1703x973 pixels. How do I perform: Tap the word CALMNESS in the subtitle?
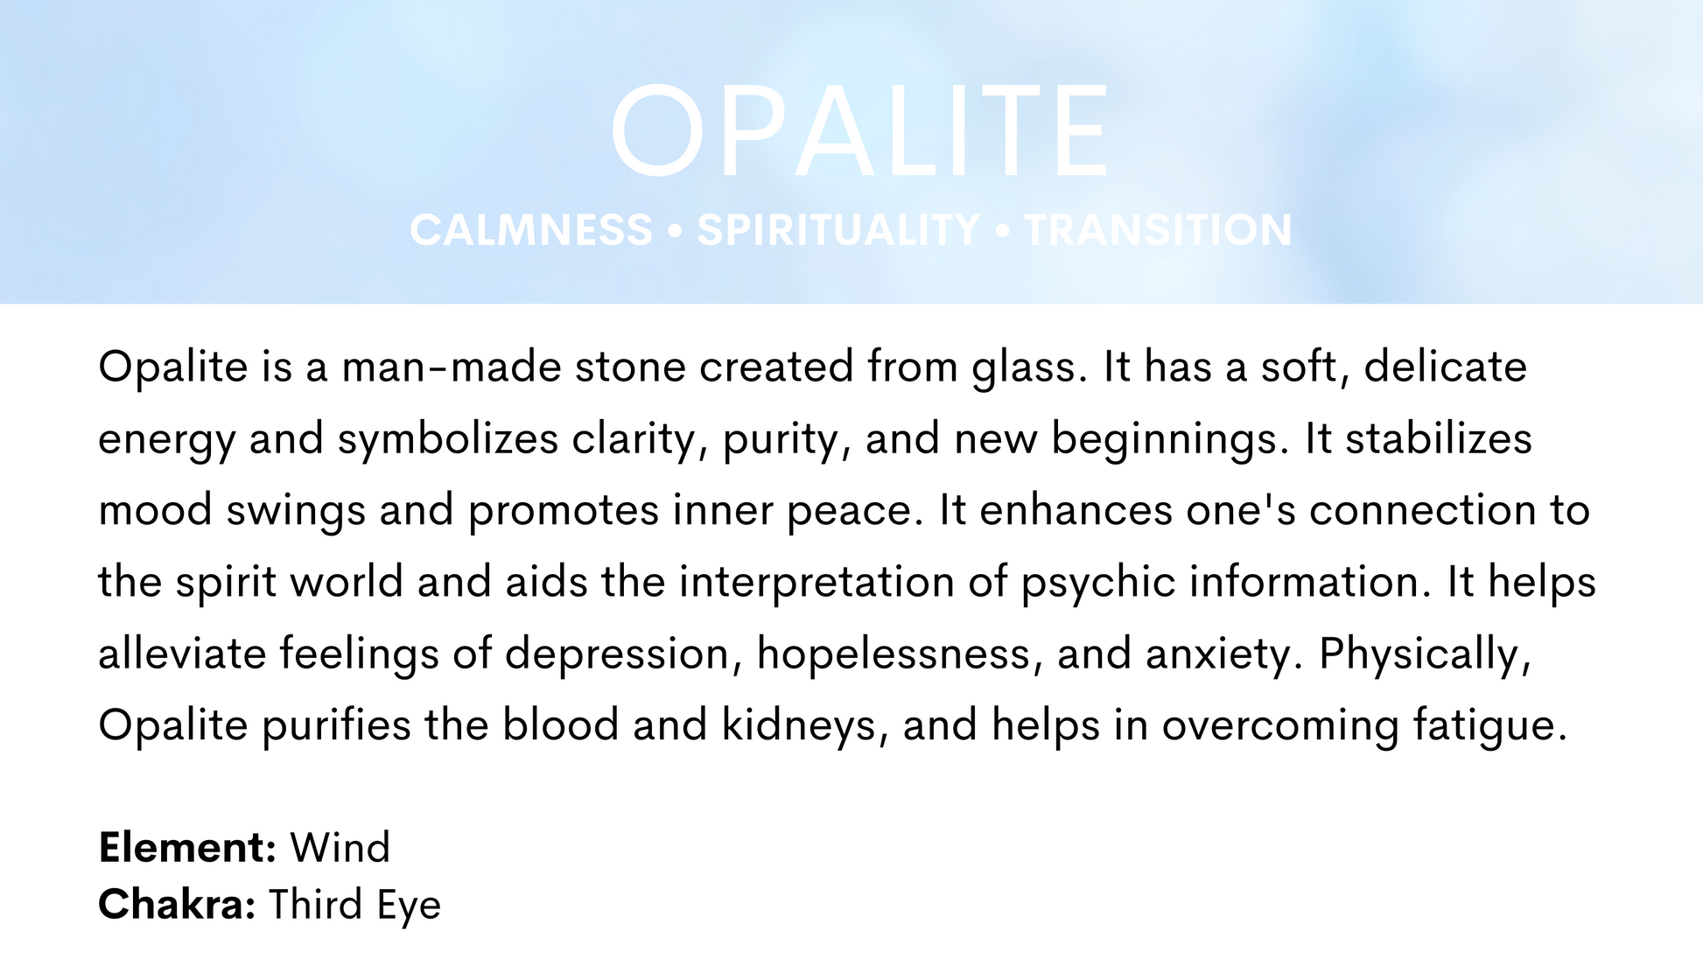[531, 230]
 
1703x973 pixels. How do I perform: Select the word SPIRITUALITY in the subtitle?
[838, 230]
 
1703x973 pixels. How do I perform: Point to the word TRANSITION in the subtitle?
[1158, 230]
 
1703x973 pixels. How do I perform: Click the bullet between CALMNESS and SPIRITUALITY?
[675, 231]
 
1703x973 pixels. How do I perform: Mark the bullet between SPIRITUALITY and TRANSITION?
[1003, 231]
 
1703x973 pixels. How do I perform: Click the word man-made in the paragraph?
[452, 367]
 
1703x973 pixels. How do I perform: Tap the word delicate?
[1445, 367]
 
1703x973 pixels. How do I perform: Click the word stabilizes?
[1439, 438]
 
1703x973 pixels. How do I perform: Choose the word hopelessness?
[894, 654]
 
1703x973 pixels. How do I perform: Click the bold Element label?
[188, 848]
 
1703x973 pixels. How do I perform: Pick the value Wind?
[340, 848]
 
